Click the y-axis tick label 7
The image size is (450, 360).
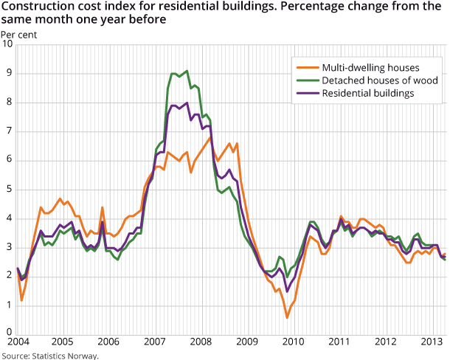9,131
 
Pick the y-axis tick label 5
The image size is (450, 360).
9,189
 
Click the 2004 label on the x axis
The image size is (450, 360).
17,343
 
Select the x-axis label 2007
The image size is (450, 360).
155,343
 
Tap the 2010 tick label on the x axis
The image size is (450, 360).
293,343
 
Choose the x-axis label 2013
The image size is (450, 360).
431,343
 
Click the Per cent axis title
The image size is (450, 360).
16,34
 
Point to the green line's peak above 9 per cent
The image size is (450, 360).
187,71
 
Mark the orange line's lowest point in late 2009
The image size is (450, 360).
287,317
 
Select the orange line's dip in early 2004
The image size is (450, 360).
22,300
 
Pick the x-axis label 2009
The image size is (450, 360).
247,343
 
